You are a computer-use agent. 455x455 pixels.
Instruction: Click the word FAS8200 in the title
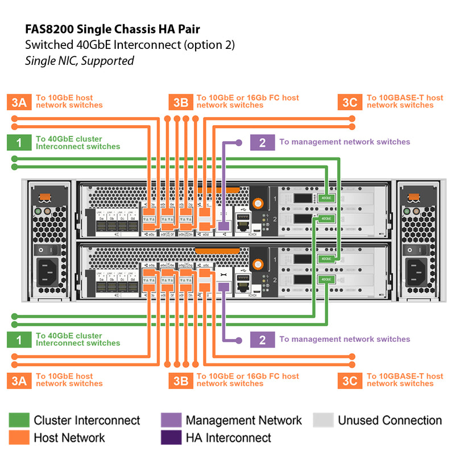pyautogui.click(x=51, y=28)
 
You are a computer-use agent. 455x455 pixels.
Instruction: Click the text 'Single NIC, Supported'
pyautogui.click(x=80, y=60)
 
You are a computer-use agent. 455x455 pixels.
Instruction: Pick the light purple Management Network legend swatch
pyautogui.click(x=171, y=420)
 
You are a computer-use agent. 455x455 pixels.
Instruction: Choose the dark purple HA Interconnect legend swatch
pyautogui.click(x=171, y=437)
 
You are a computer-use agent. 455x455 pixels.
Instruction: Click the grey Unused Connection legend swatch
pyautogui.click(x=323, y=420)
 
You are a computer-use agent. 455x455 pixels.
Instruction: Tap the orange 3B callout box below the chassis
pyautogui.click(x=180, y=380)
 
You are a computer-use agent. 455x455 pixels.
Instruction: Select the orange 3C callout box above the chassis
pyautogui.click(x=350, y=102)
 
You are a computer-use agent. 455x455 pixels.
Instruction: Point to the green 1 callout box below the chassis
pyautogui.click(x=19, y=340)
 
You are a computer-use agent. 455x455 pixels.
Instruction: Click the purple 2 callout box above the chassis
pyautogui.click(x=262, y=142)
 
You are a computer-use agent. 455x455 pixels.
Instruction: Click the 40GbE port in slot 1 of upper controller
pyautogui.click(x=326, y=198)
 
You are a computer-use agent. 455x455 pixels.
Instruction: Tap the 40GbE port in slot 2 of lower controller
pyautogui.click(x=326, y=279)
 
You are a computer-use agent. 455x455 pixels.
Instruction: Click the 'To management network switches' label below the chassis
pyautogui.click(x=344, y=340)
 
